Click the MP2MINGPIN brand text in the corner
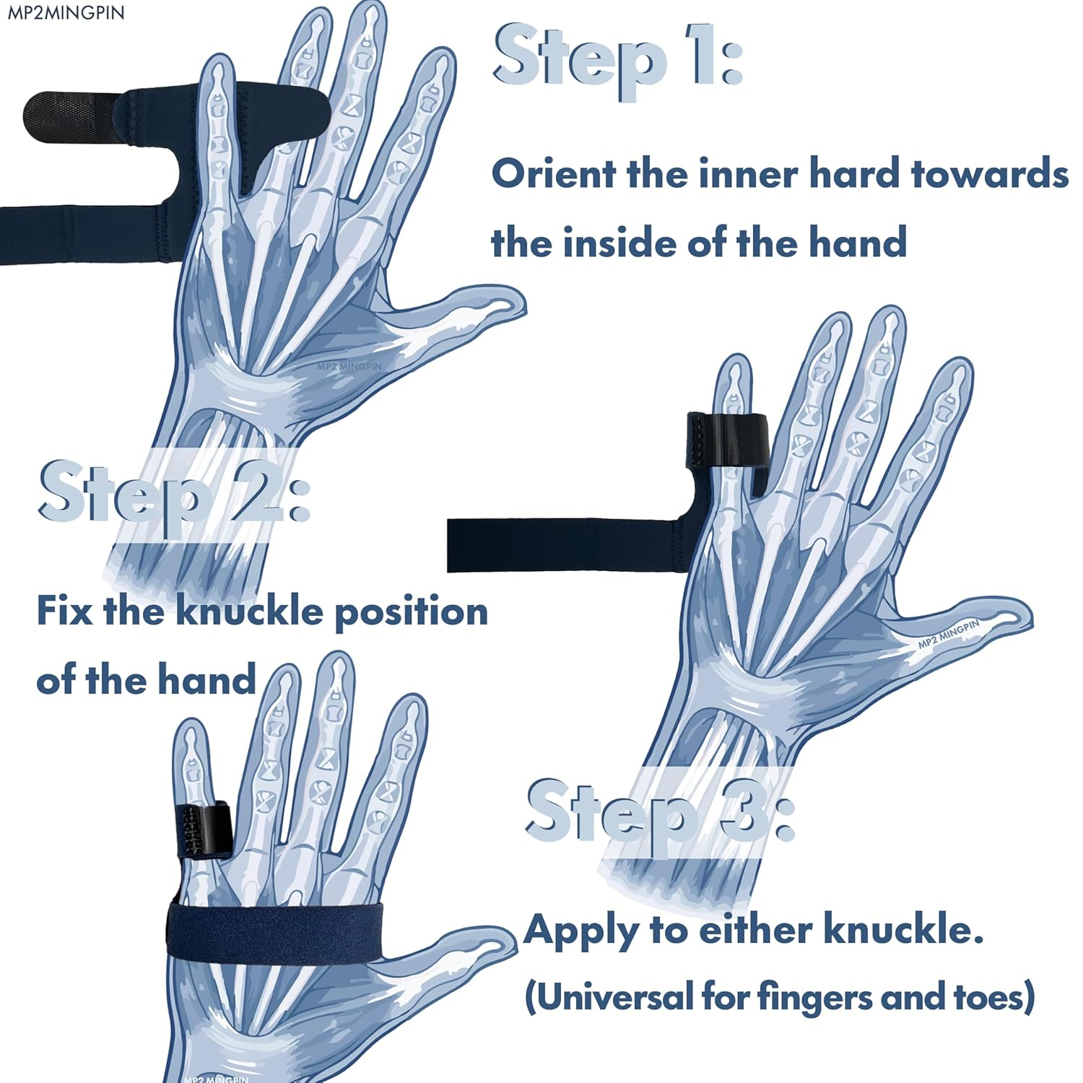coord(66,12)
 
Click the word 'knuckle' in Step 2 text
coord(250,612)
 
